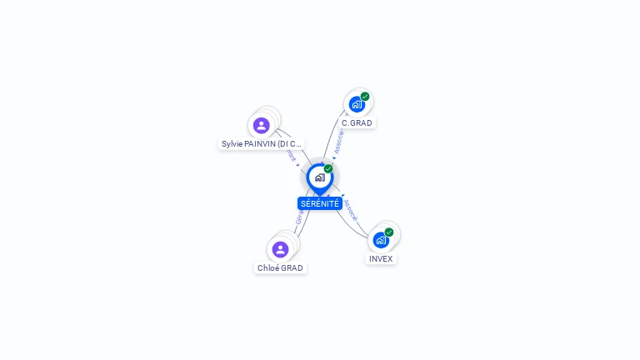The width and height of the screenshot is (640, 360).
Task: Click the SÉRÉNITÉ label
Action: coord(320,203)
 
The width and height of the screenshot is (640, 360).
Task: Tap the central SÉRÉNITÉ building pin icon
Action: coord(319,177)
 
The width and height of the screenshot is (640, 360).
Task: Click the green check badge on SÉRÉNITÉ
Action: coord(328,169)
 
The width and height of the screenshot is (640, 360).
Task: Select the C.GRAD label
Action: coord(357,123)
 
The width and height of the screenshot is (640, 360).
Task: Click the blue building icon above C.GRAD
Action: coord(357,105)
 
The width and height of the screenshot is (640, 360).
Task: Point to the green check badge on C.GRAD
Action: coord(365,97)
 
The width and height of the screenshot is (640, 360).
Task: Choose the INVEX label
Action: coord(381,259)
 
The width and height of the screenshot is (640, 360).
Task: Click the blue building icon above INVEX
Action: coord(381,241)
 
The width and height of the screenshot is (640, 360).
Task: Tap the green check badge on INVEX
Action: coord(389,232)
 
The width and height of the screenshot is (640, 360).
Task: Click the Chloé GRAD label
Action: coord(280,268)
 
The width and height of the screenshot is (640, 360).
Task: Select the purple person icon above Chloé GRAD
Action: coord(280,249)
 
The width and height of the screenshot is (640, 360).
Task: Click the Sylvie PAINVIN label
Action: coord(261,144)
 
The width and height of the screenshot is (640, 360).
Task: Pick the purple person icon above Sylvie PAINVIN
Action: coord(262,126)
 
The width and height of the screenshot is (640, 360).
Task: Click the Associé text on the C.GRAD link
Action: coord(337,142)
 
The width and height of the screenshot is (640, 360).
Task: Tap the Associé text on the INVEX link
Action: coord(351,208)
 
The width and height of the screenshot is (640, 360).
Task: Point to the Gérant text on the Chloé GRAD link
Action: coord(298,221)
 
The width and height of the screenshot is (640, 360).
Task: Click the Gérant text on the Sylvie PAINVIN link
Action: coord(291,156)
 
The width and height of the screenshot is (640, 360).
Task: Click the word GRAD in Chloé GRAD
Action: coord(292,268)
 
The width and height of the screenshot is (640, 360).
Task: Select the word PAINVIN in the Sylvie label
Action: coord(260,144)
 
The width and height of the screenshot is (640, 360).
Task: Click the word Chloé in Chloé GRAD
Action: coord(268,268)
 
